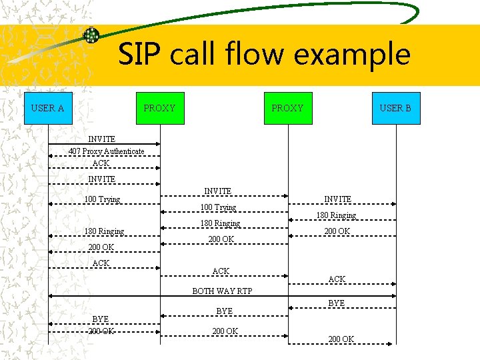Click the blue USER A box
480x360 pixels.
(47, 108)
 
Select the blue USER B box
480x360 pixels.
(395, 108)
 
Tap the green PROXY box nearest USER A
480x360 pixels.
(159, 108)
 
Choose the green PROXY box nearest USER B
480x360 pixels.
(287, 108)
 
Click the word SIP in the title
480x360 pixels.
(141, 54)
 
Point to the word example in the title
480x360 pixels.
(353, 54)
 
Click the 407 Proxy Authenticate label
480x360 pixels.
(106, 151)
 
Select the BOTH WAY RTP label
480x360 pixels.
(223, 291)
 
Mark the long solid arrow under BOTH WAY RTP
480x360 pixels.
(223, 296)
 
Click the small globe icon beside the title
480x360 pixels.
(91, 35)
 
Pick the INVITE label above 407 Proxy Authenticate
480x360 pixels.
(101, 139)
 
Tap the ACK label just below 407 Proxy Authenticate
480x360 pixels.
(101, 163)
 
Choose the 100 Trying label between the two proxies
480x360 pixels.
(218, 207)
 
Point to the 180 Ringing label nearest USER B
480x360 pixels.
(336, 215)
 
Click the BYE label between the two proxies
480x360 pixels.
(225, 311)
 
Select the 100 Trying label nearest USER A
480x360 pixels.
(102, 199)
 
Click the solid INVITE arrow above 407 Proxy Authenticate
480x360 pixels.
(105, 144)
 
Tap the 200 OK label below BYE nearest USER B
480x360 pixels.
(341, 339)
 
